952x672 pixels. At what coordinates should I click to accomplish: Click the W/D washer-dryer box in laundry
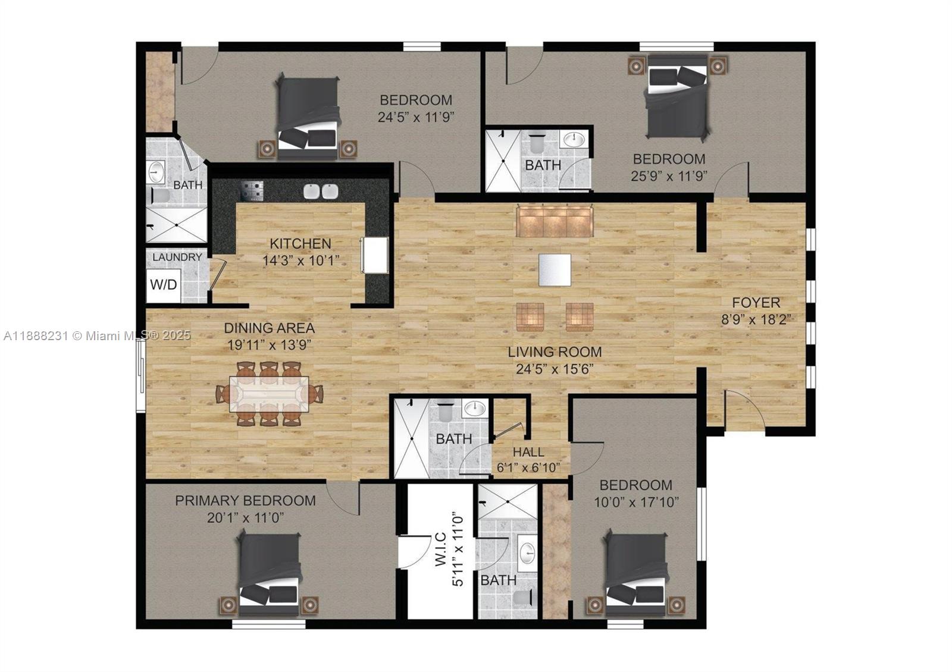click(163, 285)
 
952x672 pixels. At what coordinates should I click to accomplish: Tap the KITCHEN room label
click(300, 243)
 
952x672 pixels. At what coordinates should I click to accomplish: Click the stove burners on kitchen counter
click(252, 191)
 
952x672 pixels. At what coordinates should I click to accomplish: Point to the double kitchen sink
click(321, 191)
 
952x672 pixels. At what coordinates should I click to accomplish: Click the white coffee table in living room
click(555, 270)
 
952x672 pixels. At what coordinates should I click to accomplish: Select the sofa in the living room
click(555, 221)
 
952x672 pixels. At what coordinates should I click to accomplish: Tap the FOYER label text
click(756, 303)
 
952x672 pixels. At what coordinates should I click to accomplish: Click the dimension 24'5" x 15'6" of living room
click(555, 369)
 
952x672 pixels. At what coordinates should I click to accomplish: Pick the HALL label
click(528, 453)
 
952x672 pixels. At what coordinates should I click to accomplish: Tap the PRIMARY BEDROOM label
click(245, 501)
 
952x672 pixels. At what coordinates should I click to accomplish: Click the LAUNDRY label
click(177, 258)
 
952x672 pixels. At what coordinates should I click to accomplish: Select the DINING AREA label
click(269, 328)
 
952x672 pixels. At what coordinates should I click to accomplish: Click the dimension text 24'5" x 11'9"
click(416, 117)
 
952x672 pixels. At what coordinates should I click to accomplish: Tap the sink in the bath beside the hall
click(474, 409)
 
